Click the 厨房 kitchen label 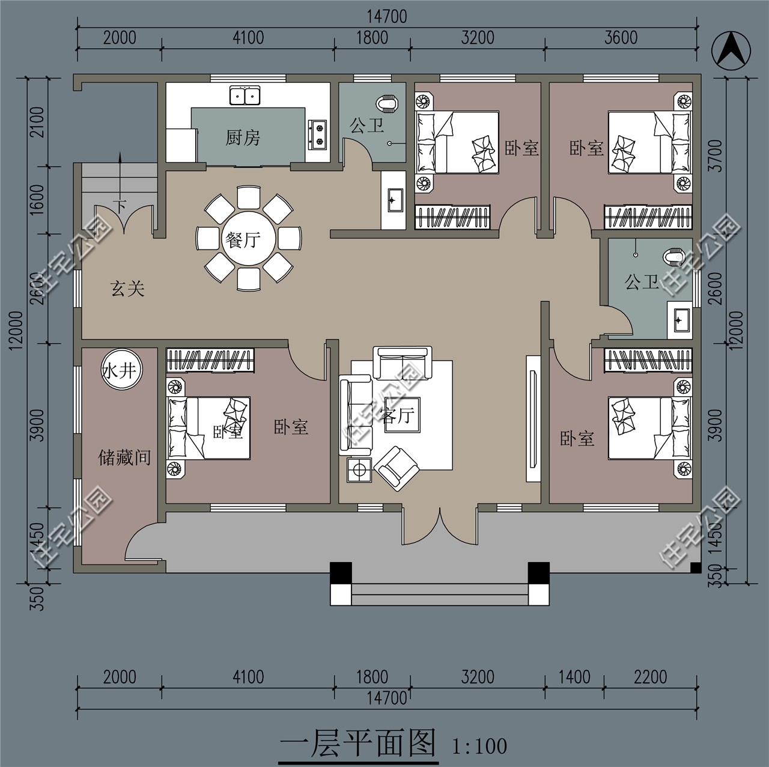pos(243,138)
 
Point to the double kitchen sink pos(245,96)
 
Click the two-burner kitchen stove pos(318,135)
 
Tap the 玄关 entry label pos(127,289)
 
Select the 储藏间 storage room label pos(124,457)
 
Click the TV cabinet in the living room pos(533,418)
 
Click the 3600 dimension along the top pos(621,37)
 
